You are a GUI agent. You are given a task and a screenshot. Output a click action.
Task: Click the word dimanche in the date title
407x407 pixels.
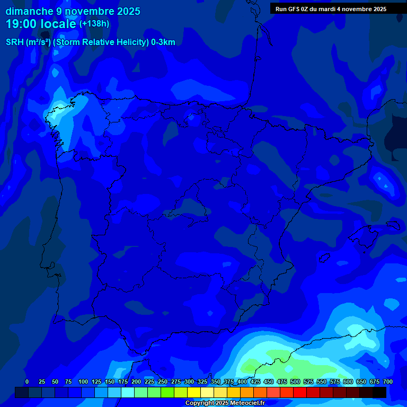point(29,11)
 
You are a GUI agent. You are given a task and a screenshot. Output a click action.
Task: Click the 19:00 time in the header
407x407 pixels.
point(22,24)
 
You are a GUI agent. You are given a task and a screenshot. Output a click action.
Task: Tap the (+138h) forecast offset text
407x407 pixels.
point(94,24)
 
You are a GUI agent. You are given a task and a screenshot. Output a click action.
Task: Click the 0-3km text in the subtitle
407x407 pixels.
point(163,42)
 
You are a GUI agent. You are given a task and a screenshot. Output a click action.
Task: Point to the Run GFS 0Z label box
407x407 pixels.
point(331,9)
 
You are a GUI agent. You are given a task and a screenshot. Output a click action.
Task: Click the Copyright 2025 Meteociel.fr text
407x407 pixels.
point(225,403)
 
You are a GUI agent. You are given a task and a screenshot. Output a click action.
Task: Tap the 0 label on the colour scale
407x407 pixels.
point(27,382)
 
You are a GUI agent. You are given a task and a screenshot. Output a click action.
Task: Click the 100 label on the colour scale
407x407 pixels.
point(83,382)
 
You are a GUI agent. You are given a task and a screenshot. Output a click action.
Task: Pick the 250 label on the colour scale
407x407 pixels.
point(163,382)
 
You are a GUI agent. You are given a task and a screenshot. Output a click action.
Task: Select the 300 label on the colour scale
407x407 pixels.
point(189,382)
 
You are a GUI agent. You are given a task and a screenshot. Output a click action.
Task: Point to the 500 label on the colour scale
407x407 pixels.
point(295,382)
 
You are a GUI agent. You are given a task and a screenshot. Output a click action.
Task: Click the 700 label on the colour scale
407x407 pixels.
point(388,382)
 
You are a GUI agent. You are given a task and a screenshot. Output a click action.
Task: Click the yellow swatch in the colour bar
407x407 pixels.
point(194,393)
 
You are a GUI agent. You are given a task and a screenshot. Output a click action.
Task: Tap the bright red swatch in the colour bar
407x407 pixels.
point(300,393)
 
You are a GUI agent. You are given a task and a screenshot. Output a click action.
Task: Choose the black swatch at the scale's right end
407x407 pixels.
point(379,393)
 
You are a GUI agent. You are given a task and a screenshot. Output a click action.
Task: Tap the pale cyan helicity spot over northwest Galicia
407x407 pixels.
point(55,115)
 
